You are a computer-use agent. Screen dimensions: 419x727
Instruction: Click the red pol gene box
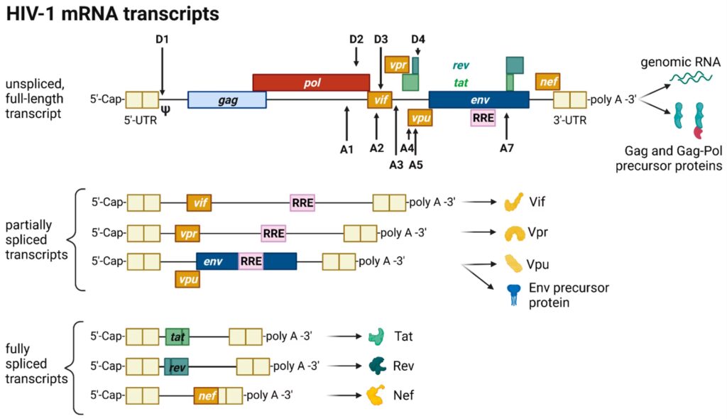(x=311, y=82)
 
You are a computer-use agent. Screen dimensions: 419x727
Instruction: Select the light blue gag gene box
(x=227, y=100)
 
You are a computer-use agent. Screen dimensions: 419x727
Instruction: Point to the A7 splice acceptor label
(x=506, y=148)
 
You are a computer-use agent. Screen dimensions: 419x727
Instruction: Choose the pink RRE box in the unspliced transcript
(x=483, y=118)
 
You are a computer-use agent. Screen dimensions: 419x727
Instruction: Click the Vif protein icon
(x=513, y=202)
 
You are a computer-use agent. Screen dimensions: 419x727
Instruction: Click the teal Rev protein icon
(x=376, y=366)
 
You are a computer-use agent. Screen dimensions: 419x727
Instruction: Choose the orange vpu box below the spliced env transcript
(x=188, y=280)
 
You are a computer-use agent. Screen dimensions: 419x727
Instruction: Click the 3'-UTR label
(x=570, y=120)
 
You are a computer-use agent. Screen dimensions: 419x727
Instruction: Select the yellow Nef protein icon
(x=376, y=395)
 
